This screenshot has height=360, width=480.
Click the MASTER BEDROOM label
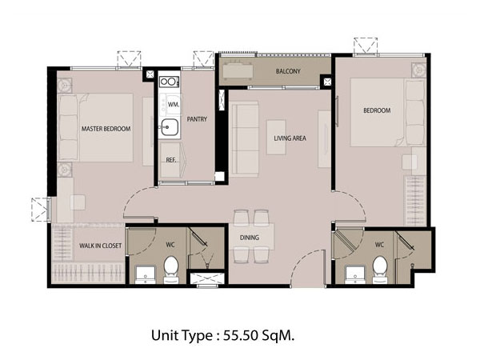click(106, 129)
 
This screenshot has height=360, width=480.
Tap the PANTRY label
click(197, 119)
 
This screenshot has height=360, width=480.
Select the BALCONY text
click(288, 71)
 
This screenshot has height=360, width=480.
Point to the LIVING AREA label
click(290, 138)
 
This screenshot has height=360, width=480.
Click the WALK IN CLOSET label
click(101, 246)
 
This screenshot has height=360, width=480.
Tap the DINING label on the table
click(250, 238)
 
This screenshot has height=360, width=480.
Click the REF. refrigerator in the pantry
click(173, 160)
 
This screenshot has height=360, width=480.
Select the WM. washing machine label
click(174, 104)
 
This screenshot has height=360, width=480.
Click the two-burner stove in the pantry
click(169, 82)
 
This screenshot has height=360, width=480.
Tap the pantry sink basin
click(170, 126)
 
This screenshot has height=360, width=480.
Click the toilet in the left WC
click(171, 270)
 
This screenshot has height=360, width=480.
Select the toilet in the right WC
click(380, 270)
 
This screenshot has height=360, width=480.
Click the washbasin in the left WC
click(145, 275)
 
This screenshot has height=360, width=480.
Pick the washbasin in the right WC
click(355, 275)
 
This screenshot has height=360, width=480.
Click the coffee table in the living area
click(276, 137)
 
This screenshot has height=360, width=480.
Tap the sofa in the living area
click(245, 139)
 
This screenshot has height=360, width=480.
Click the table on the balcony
click(238, 71)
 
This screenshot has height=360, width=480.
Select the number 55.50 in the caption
click(241, 336)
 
